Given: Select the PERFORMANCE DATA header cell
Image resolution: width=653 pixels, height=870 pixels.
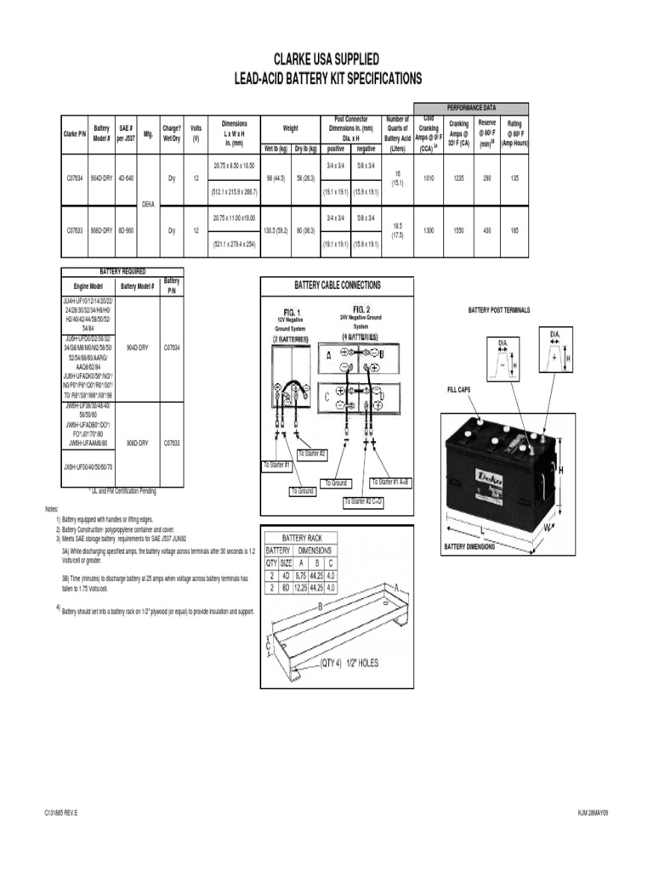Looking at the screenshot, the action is (471, 108).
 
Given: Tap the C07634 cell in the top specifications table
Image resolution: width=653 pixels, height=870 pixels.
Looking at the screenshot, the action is (76, 179).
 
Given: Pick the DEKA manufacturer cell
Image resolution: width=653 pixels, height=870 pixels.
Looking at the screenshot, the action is (147, 205).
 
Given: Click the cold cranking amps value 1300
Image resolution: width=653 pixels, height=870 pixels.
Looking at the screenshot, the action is (428, 230).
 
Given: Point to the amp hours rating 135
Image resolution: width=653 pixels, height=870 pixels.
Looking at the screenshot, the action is (514, 179).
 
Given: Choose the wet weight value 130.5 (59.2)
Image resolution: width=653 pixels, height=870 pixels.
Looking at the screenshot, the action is (275, 230).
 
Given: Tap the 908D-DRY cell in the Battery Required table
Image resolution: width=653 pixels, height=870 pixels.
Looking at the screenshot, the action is (138, 443).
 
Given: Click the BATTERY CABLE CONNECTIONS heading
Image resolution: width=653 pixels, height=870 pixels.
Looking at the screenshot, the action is (337, 285).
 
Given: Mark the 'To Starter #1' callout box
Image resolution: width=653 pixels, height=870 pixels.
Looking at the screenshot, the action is (277, 466).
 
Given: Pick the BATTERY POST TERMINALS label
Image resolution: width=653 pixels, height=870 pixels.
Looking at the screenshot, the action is (498, 310).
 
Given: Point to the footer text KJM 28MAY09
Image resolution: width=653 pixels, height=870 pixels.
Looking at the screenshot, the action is (593, 813).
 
